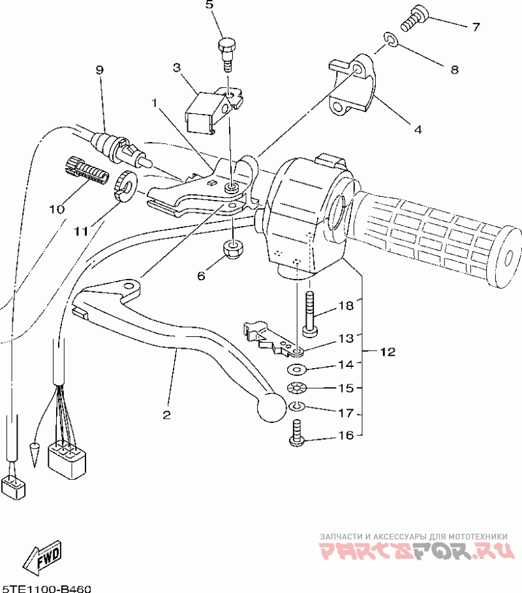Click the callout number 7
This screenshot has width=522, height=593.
pos(476,27)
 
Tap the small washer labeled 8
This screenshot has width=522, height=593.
pos(390,40)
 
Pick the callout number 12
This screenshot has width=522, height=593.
pos(388,353)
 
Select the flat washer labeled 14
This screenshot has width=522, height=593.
pos(298,371)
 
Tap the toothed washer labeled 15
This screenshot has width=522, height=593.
pos(297,390)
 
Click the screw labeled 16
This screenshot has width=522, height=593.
pos(296,435)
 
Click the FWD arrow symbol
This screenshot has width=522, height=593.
pos(42,555)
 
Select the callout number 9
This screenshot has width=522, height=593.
pos(100,70)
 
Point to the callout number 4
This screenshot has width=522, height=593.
pos(418,128)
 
